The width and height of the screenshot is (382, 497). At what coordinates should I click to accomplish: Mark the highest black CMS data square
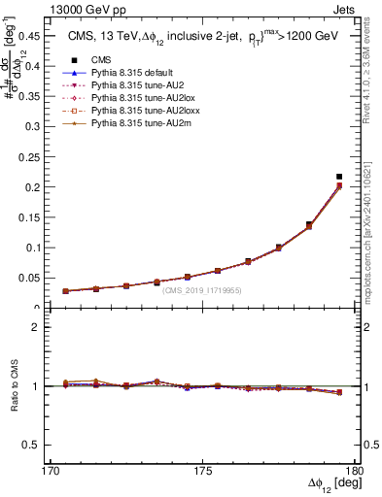coord(339,177)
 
